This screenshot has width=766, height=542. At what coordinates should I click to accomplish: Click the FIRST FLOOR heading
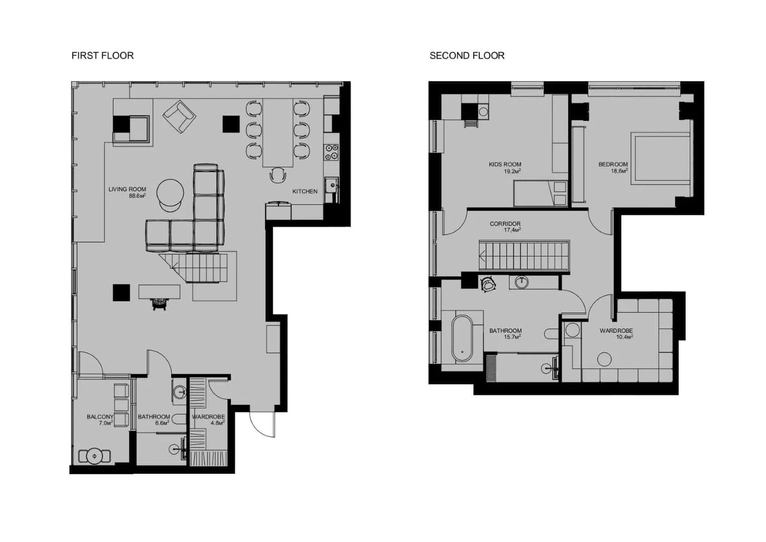click(102, 56)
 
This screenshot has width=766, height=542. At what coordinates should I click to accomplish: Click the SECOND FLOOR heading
click(467, 56)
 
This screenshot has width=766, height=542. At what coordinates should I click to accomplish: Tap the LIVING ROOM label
click(127, 189)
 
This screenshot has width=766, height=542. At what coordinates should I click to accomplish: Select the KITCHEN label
click(305, 191)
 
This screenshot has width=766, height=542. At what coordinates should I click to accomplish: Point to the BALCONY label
click(100, 417)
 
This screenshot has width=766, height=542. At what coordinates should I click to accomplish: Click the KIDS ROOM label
click(505, 164)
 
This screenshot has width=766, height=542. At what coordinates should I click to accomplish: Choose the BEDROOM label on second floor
click(613, 164)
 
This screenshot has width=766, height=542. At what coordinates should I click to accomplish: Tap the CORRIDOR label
click(505, 224)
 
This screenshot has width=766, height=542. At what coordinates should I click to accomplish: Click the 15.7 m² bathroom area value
click(512, 337)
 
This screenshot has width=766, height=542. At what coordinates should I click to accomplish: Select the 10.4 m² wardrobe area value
click(624, 337)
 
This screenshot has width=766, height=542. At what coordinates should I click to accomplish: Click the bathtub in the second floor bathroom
click(462, 338)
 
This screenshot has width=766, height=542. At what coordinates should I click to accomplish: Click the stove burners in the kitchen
click(331, 152)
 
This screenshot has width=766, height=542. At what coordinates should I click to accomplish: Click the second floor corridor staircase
click(524, 256)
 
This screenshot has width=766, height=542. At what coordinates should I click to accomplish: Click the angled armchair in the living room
click(179, 117)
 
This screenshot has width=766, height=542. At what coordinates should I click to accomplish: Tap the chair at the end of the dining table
click(278, 175)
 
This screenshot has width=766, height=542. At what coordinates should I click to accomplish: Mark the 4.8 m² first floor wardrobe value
click(217, 423)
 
